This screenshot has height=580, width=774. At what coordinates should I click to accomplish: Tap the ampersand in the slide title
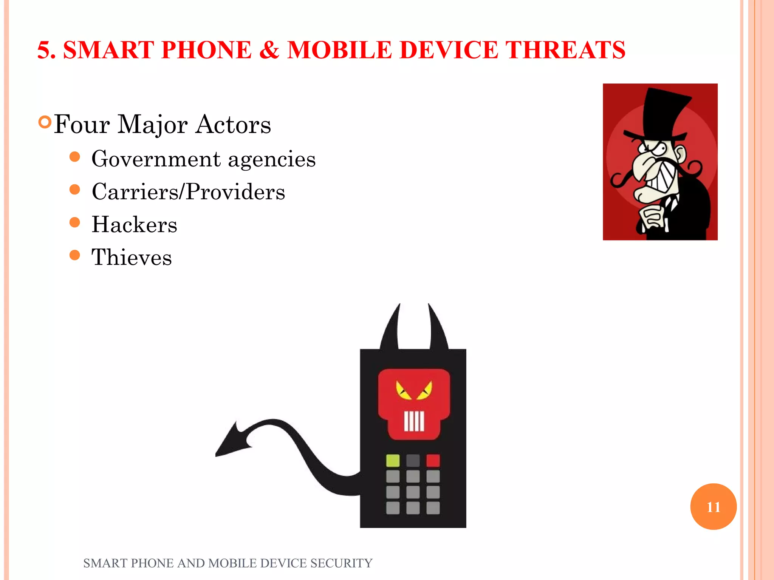click(x=269, y=50)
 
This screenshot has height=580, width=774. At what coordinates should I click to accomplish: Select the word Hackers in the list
click(x=134, y=225)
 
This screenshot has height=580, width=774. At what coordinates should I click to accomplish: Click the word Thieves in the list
click(x=132, y=258)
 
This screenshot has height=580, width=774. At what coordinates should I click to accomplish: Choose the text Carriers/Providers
click(x=188, y=192)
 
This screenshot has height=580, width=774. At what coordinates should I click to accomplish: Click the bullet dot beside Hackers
click(x=75, y=222)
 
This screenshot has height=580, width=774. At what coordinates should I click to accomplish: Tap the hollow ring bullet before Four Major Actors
click(x=45, y=122)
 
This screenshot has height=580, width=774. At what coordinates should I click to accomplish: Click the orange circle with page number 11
click(x=713, y=506)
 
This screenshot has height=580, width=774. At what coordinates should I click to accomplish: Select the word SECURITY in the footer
click(x=341, y=563)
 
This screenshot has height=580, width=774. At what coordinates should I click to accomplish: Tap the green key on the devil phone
click(x=393, y=461)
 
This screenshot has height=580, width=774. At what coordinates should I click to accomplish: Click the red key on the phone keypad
click(x=433, y=461)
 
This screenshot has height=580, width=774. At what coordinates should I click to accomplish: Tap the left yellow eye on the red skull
click(x=403, y=391)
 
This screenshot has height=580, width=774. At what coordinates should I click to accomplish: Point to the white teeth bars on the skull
click(x=414, y=421)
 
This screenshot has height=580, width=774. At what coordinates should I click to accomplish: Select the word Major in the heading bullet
click(x=152, y=124)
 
